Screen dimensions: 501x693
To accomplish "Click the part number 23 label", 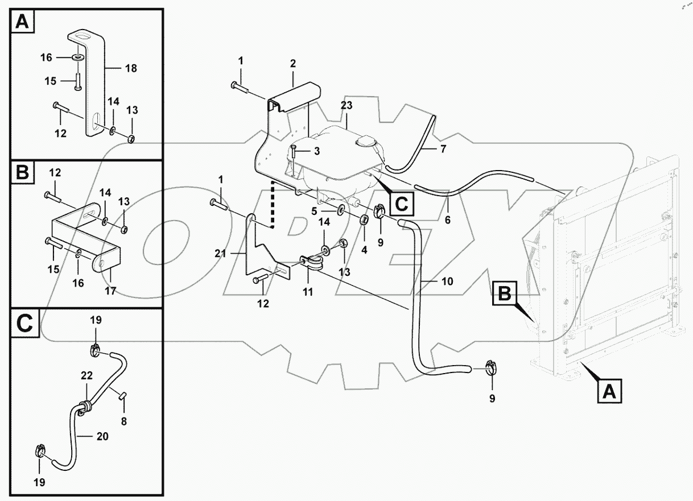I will pos(346,105).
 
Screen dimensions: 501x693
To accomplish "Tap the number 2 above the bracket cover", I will pos(292,63).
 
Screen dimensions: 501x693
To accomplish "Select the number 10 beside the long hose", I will pos(447,281).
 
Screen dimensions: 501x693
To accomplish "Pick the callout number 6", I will pos(447,219).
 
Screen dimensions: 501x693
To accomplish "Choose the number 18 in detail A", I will pos(131,68).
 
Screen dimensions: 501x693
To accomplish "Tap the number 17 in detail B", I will pos(110,291).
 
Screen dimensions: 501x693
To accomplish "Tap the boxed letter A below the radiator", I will pos(608,391).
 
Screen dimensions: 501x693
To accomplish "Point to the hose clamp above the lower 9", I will pos(491,369).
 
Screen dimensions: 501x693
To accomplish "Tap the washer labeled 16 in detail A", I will pos(76,58).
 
